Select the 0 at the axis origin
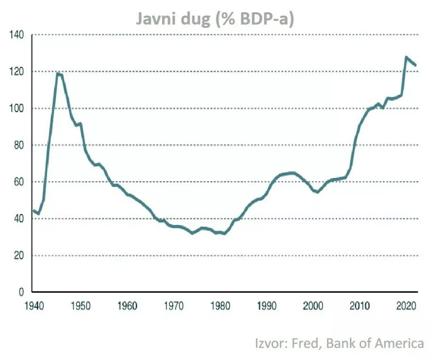click(20, 292)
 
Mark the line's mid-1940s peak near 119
click(57, 74)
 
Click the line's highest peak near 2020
click(406, 57)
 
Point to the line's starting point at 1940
click(33, 210)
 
